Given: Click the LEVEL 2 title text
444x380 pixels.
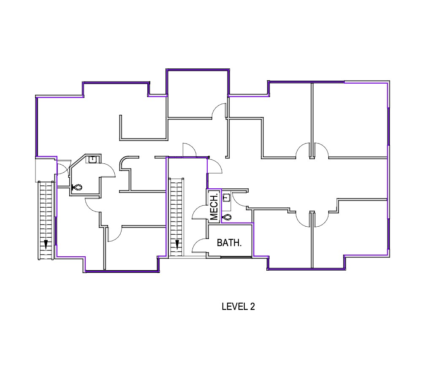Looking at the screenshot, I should point(238,307).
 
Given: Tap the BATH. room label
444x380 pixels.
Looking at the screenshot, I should point(229,243).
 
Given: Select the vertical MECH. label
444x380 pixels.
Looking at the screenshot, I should point(214,207).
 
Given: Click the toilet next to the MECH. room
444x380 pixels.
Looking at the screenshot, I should point(227,217).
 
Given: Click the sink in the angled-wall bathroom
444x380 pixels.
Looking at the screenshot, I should point(93,159).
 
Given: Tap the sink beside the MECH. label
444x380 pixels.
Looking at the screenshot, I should point(227,197).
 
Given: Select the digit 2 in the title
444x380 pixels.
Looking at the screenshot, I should point(252,307).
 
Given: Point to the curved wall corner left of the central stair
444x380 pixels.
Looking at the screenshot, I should point(125,162).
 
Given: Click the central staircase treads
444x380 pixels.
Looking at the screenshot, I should point(177,211).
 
